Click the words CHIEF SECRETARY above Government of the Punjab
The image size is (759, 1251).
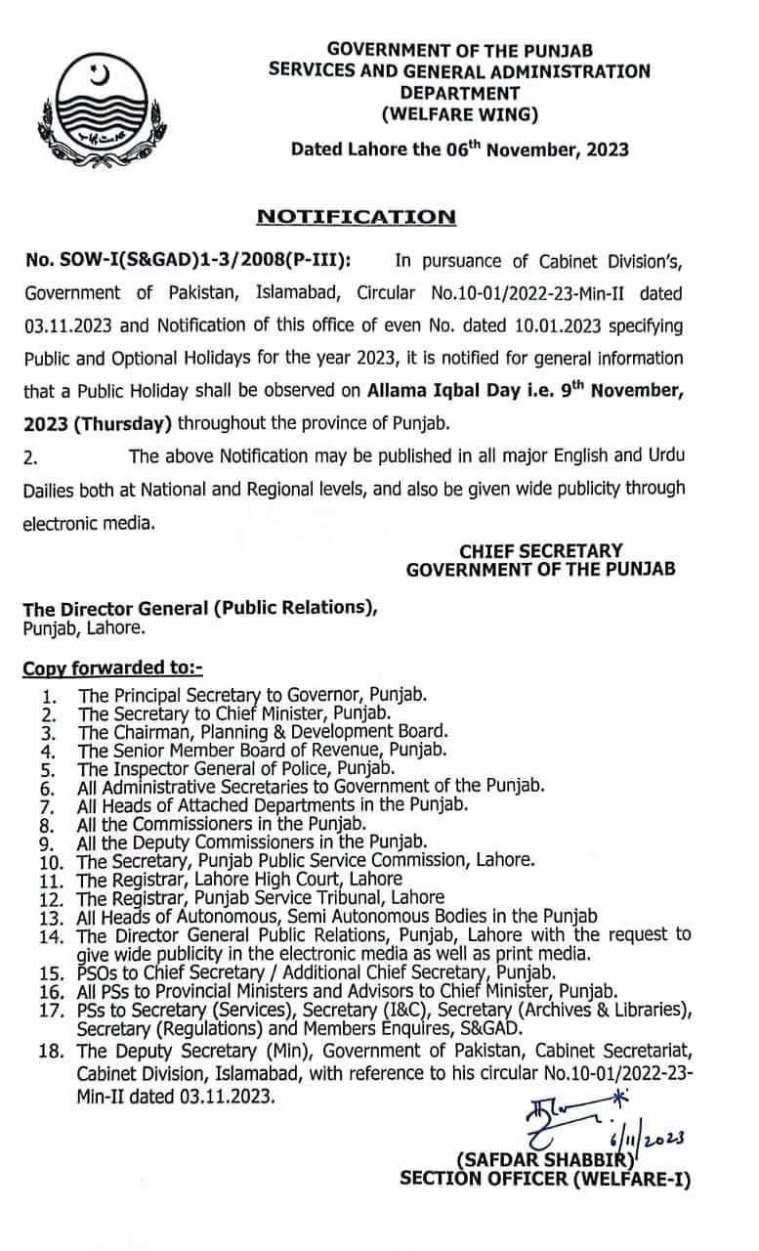point(540,551)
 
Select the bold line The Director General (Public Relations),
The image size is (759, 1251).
point(200,608)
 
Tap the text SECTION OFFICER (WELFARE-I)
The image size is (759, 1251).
point(544,1179)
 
